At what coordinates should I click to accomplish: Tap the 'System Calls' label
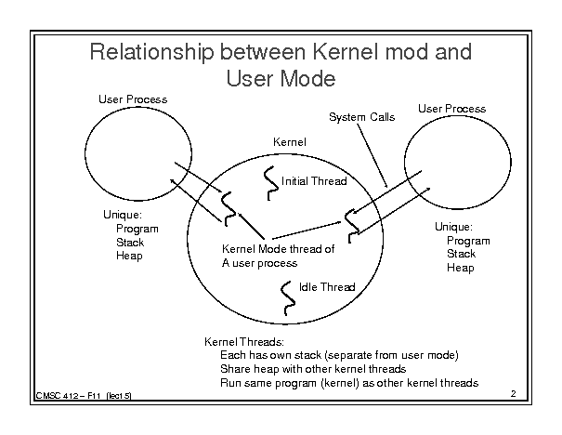click(x=362, y=117)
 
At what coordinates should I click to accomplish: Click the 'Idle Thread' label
click(x=327, y=287)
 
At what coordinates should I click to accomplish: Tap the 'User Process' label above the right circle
click(x=451, y=109)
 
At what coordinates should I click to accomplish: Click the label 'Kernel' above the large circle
click(x=289, y=141)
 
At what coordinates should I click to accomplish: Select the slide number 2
click(x=514, y=394)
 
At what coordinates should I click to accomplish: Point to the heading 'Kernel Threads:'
click(x=244, y=341)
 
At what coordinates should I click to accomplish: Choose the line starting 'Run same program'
click(x=348, y=382)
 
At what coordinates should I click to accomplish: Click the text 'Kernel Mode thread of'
click(x=278, y=249)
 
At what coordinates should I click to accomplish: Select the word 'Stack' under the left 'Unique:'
click(x=130, y=242)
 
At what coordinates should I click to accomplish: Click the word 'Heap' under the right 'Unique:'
click(x=460, y=268)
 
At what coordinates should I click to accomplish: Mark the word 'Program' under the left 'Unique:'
click(x=137, y=229)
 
